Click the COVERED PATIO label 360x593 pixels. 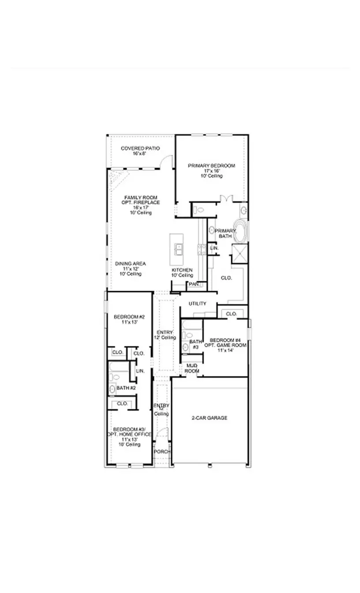[x=140, y=148]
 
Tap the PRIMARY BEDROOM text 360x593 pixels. [x=211, y=165]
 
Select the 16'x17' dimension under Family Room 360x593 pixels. [x=141, y=207]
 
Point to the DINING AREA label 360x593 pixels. [x=131, y=263]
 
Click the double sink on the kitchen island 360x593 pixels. [x=179, y=250]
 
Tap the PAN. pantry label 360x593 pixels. [x=193, y=285]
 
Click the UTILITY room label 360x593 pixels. [x=197, y=304]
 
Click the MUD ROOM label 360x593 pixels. [x=191, y=368]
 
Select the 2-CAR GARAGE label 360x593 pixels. [x=210, y=417]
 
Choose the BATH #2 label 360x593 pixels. [x=126, y=388]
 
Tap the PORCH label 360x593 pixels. [x=162, y=452]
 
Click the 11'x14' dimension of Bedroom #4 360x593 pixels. [x=225, y=350]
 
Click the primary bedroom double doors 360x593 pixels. [x=226, y=198]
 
